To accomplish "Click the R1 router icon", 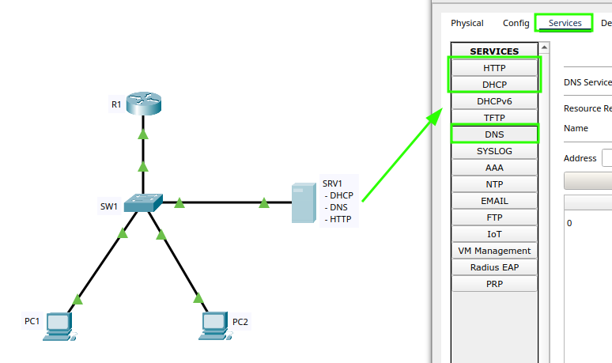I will [143, 104].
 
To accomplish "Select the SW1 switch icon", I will [144, 203].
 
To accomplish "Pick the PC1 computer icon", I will [59, 324].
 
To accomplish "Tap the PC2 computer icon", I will [213, 324].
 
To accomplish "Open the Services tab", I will [565, 23].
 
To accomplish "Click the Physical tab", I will [467, 23].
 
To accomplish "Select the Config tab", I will [516, 23].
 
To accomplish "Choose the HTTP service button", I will [494, 68].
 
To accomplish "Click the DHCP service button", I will [494, 85].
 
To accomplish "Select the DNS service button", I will [494, 134].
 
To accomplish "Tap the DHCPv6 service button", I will [494, 101].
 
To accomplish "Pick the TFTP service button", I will [494, 118].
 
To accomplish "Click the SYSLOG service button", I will [494, 151].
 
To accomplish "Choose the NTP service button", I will [494, 184].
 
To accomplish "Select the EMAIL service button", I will [494, 201].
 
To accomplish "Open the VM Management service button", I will [494, 251].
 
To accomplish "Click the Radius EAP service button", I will [494, 267].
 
